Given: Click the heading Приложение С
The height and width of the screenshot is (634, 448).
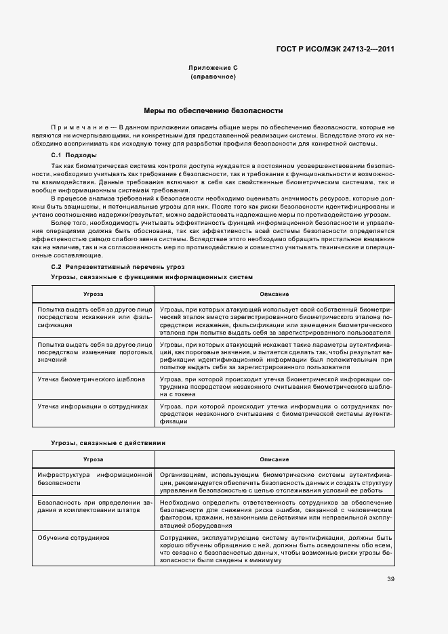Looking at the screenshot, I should [x=213, y=68].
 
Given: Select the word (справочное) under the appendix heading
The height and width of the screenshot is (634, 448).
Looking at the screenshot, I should [x=213, y=77].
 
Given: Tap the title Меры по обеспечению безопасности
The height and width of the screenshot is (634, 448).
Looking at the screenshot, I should [x=213, y=110].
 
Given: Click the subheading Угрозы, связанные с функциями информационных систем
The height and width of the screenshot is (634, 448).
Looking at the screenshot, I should [x=152, y=277].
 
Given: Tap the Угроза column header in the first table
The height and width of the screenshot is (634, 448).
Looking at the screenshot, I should [x=93, y=294].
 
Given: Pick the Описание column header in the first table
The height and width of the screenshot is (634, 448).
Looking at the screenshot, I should [x=274, y=294].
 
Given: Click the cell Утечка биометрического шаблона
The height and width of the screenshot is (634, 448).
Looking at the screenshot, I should [x=91, y=379].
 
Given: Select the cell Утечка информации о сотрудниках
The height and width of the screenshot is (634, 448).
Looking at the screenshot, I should [x=93, y=406].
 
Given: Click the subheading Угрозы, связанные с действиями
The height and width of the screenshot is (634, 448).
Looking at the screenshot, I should [x=108, y=442].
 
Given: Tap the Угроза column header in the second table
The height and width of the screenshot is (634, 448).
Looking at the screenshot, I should [x=93, y=459].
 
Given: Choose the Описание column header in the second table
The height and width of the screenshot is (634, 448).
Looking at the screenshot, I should [x=274, y=459].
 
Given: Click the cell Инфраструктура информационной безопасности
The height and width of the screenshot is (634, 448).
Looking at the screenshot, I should [x=93, y=480].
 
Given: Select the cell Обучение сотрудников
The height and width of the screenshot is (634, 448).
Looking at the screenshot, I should [x=74, y=537].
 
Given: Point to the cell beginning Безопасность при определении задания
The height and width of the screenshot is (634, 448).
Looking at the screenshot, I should [x=93, y=506].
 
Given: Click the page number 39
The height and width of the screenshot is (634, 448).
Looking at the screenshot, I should [x=390, y=578].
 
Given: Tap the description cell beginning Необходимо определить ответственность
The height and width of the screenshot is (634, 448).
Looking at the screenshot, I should [x=274, y=514].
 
